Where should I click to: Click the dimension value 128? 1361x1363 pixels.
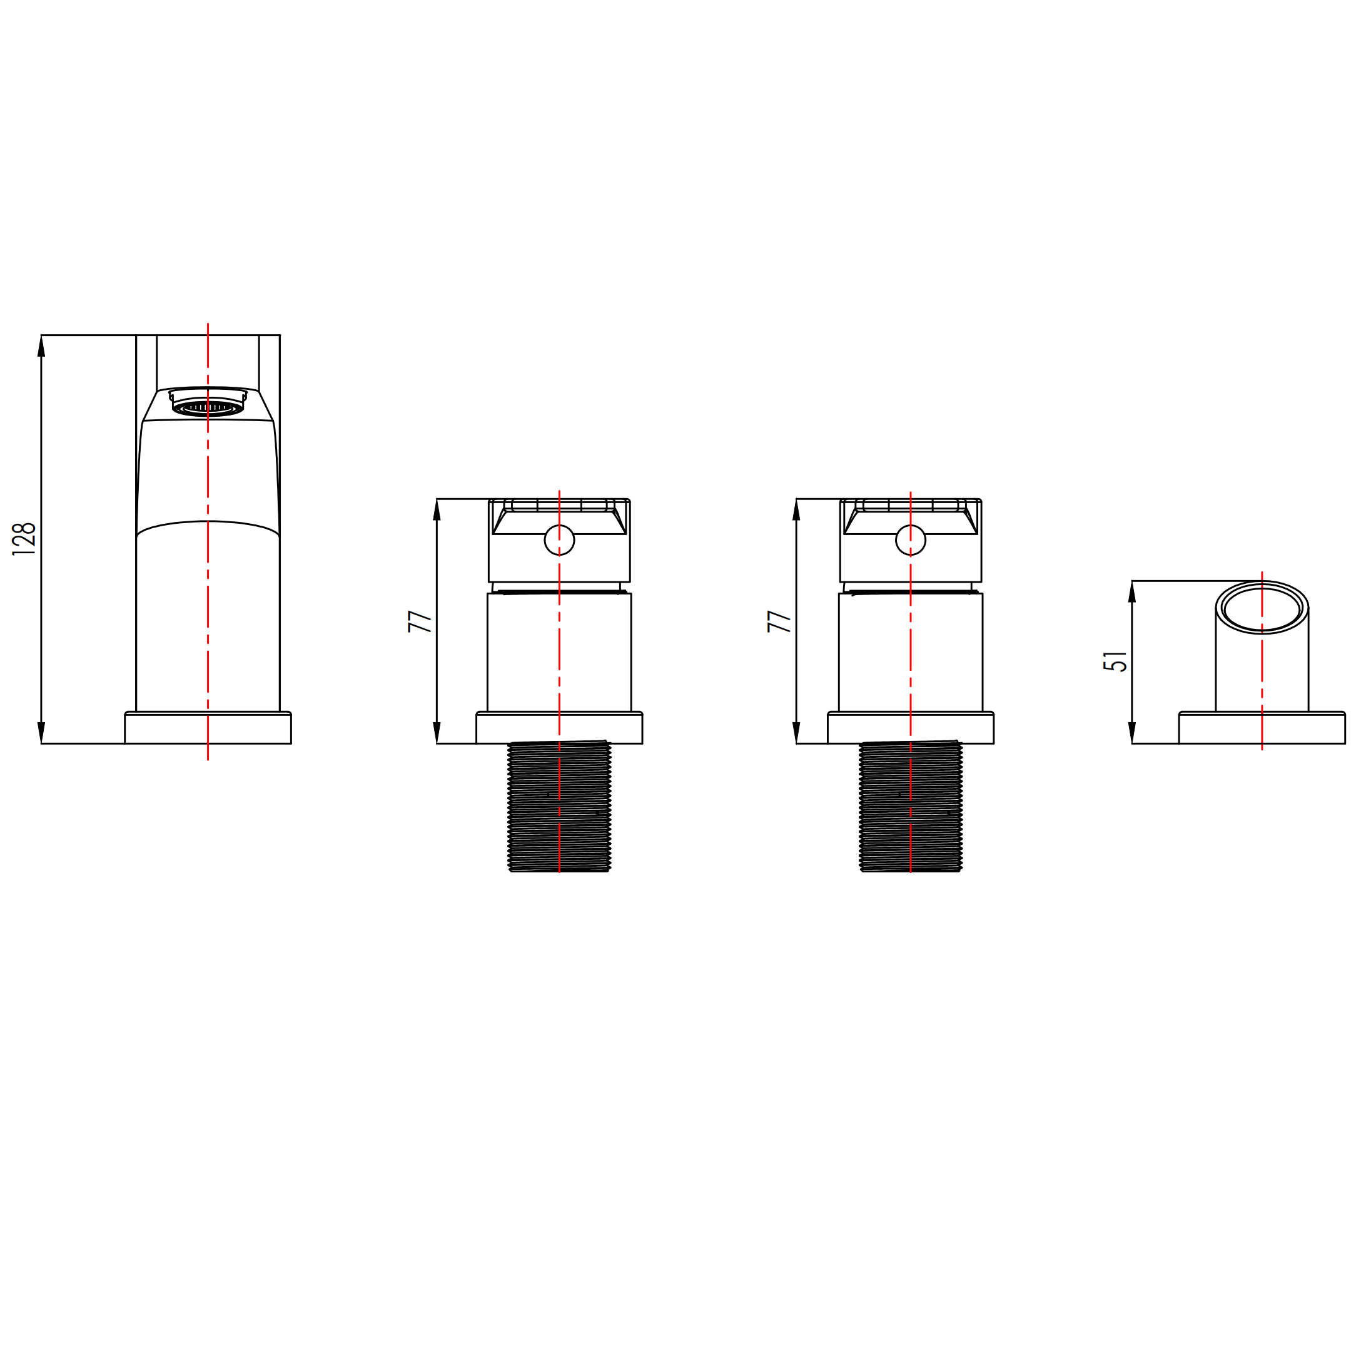pos(24,539)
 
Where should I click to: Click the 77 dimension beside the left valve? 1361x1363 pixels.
pos(420,621)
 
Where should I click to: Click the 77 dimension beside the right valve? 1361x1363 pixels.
pos(779,621)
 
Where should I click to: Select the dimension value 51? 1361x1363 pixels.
pos(1116,661)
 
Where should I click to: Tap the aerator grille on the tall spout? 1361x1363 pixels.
pos(208,408)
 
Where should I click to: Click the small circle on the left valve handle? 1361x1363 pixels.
pos(559,541)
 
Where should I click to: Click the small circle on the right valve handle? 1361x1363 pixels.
pos(911,541)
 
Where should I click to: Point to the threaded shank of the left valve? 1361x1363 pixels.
pos(559,807)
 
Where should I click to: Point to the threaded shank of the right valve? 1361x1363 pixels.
pos(911,807)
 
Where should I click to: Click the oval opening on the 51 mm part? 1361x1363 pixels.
pos(1262,608)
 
